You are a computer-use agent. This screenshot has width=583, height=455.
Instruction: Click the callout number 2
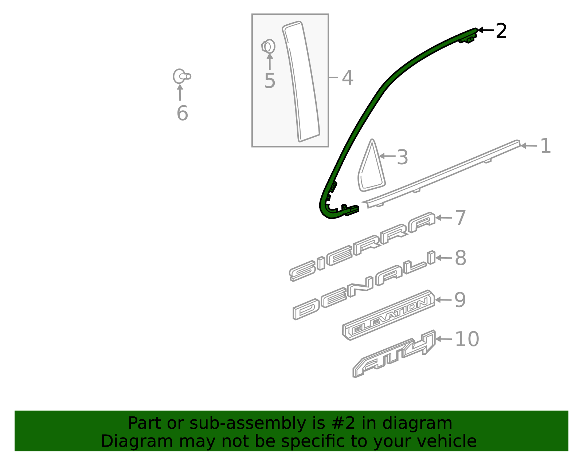[x=501, y=31]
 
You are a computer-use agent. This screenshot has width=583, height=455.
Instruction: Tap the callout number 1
[x=545, y=146]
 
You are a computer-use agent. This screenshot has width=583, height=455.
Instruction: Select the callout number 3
[x=402, y=157]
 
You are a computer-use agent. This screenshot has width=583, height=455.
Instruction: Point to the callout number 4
[x=348, y=78]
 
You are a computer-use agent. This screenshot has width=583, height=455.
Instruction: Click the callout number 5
[x=270, y=81]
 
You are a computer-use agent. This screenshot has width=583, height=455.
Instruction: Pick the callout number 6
[x=182, y=113]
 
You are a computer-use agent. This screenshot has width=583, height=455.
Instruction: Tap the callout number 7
[x=461, y=218]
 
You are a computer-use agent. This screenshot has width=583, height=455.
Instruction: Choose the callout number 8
[x=461, y=258]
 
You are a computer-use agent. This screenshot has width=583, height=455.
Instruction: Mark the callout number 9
[x=460, y=300]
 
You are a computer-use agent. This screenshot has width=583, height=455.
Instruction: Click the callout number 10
[x=467, y=339]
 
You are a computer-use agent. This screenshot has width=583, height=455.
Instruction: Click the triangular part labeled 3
[x=371, y=168]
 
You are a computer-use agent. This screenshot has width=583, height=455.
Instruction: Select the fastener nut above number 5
[x=269, y=47]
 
